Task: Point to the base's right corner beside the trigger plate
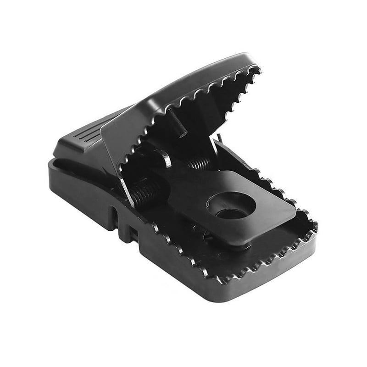pos(312,225)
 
